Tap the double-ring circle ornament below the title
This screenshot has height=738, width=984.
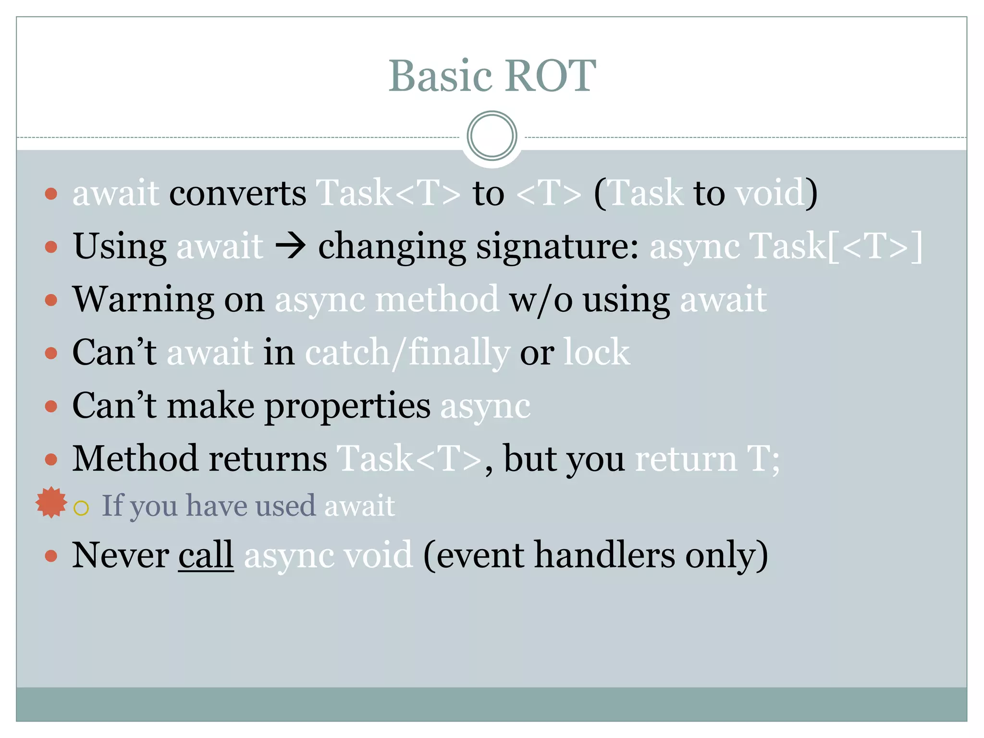[x=492, y=136]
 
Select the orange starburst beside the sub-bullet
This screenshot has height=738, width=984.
[x=51, y=503]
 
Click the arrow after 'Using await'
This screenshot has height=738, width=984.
[x=290, y=246]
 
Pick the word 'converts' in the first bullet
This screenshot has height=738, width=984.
[x=237, y=193]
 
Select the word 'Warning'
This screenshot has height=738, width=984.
[x=143, y=300]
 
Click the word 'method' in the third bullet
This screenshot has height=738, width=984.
[x=437, y=300]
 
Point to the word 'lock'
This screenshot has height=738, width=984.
[x=596, y=353]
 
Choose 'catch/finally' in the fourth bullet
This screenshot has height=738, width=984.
[x=407, y=354]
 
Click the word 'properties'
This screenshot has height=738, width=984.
[x=347, y=406]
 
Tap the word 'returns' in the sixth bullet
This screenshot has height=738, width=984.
[x=268, y=459]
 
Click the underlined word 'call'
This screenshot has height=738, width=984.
[x=206, y=555]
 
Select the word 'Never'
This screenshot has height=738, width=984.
[x=120, y=555]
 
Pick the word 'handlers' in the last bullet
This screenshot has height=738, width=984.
[x=604, y=555]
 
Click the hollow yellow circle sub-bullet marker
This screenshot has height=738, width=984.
[x=81, y=508]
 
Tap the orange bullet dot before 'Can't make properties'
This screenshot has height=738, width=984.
[x=51, y=406]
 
